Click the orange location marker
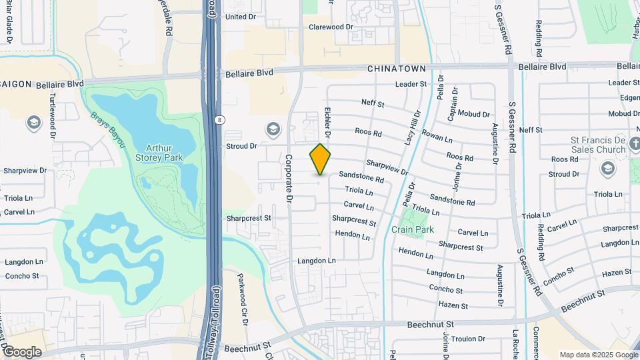320,159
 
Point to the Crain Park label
413,229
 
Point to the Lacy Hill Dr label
410,129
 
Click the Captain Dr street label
453,104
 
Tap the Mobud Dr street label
473,115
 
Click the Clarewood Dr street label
330,27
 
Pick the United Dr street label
240,17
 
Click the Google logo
21,351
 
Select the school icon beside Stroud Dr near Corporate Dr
272,128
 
